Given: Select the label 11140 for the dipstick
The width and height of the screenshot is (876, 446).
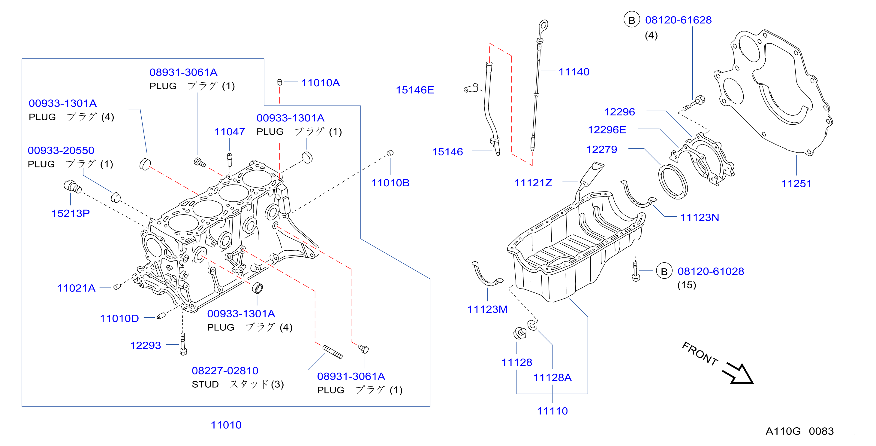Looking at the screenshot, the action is (x=574, y=72).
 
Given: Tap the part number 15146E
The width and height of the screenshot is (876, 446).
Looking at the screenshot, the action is (x=415, y=90).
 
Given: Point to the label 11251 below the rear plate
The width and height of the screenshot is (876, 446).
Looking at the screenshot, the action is (x=796, y=184).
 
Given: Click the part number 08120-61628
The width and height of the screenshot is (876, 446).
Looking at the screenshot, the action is (x=679, y=20).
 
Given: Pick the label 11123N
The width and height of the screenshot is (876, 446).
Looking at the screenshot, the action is (x=700, y=217).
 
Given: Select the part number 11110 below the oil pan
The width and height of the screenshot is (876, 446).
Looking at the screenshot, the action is (x=552, y=411).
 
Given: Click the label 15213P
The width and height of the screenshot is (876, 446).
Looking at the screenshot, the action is (x=71, y=213).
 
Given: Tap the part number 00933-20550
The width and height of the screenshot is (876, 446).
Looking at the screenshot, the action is (x=61, y=150).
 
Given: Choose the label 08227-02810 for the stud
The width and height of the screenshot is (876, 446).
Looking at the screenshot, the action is (x=225, y=371).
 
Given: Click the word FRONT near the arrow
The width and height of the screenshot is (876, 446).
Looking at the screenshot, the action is (x=700, y=353).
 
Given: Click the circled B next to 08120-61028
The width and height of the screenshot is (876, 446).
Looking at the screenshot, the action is (x=664, y=271).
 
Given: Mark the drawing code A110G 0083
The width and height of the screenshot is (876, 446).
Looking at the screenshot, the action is (x=799, y=431).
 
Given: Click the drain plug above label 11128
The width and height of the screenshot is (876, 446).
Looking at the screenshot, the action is (x=519, y=333).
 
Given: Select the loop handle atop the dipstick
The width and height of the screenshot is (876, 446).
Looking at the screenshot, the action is (x=543, y=26).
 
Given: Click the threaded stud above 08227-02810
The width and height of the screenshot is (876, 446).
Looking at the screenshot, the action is (x=332, y=352).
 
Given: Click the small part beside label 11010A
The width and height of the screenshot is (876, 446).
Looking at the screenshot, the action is (x=279, y=82).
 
